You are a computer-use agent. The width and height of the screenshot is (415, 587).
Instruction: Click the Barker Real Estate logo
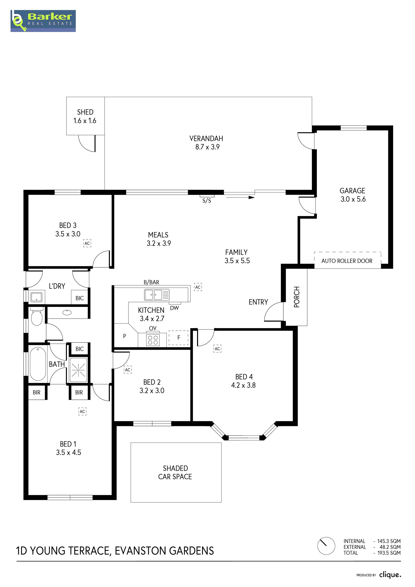coord(43,21)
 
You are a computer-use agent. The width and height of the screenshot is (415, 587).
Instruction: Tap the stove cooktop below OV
coord(153,340)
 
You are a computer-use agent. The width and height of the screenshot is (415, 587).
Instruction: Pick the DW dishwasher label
coord(174,308)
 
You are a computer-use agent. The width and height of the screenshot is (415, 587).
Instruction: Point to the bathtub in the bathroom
coord(38,364)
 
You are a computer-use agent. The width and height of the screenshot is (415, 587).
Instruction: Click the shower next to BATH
coord(78,370)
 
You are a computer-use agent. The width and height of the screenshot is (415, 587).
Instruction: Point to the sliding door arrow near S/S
coord(239,197)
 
